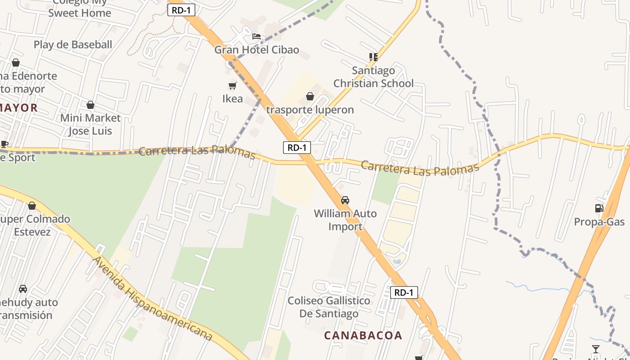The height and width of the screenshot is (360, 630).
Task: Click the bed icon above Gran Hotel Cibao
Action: [x=256, y=36]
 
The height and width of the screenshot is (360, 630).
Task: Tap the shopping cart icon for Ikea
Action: [x=233, y=85]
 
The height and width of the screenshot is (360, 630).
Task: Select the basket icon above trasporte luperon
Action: [x=310, y=96]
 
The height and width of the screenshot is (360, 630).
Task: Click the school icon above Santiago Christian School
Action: [x=373, y=57]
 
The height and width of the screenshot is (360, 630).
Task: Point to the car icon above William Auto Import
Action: [x=345, y=200]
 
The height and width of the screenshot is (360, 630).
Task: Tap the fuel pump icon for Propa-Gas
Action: [x=599, y=208]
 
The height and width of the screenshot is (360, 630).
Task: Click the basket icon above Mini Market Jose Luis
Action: [x=90, y=105]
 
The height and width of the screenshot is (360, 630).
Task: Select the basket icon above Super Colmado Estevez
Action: [x=32, y=206]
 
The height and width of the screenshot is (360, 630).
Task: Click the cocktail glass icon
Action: [x=596, y=349]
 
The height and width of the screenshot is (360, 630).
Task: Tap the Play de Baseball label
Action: [x=73, y=45]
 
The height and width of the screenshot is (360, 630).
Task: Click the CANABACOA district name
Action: [x=363, y=335]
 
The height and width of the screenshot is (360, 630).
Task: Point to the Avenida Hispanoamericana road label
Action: [x=152, y=299]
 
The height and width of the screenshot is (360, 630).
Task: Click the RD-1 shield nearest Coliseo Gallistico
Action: [x=404, y=292]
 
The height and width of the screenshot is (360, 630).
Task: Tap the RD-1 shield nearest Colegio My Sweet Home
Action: [x=181, y=10]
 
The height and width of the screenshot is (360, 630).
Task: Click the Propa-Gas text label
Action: [x=599, y=222]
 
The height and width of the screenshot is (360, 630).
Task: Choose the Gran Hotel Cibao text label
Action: [x=256, y=49]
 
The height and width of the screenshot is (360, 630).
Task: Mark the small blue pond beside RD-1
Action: [x=396, y=261]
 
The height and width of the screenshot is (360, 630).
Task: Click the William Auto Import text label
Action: [x=345, y=220]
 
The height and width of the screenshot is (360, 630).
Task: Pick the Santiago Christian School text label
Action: [x=373, y=77]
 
